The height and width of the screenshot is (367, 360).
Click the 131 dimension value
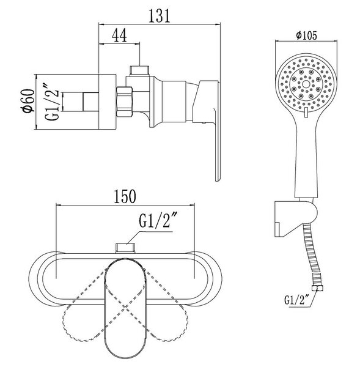coord(160,16)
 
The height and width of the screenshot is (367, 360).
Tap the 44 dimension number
coord(119,35)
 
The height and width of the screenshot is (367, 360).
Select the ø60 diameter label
coord(28,102)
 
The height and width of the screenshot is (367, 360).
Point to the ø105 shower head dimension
coord(306,35)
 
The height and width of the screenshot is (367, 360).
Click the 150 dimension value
coord(125,196)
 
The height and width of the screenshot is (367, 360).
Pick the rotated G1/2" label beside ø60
coord(52,102)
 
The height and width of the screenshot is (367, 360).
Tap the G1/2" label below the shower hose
coord(296,300)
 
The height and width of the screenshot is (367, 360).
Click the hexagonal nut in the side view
coord(125,102)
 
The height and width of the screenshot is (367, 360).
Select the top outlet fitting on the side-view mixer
coord(139,70)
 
